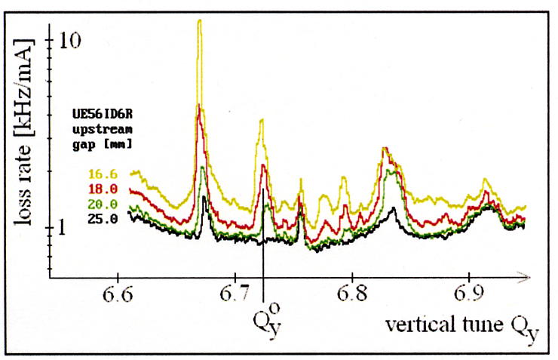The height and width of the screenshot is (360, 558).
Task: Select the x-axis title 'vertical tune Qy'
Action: pos(461,328)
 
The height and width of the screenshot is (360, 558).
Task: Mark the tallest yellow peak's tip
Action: pos(200,20)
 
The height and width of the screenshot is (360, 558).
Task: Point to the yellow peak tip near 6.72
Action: pos(262,119)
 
